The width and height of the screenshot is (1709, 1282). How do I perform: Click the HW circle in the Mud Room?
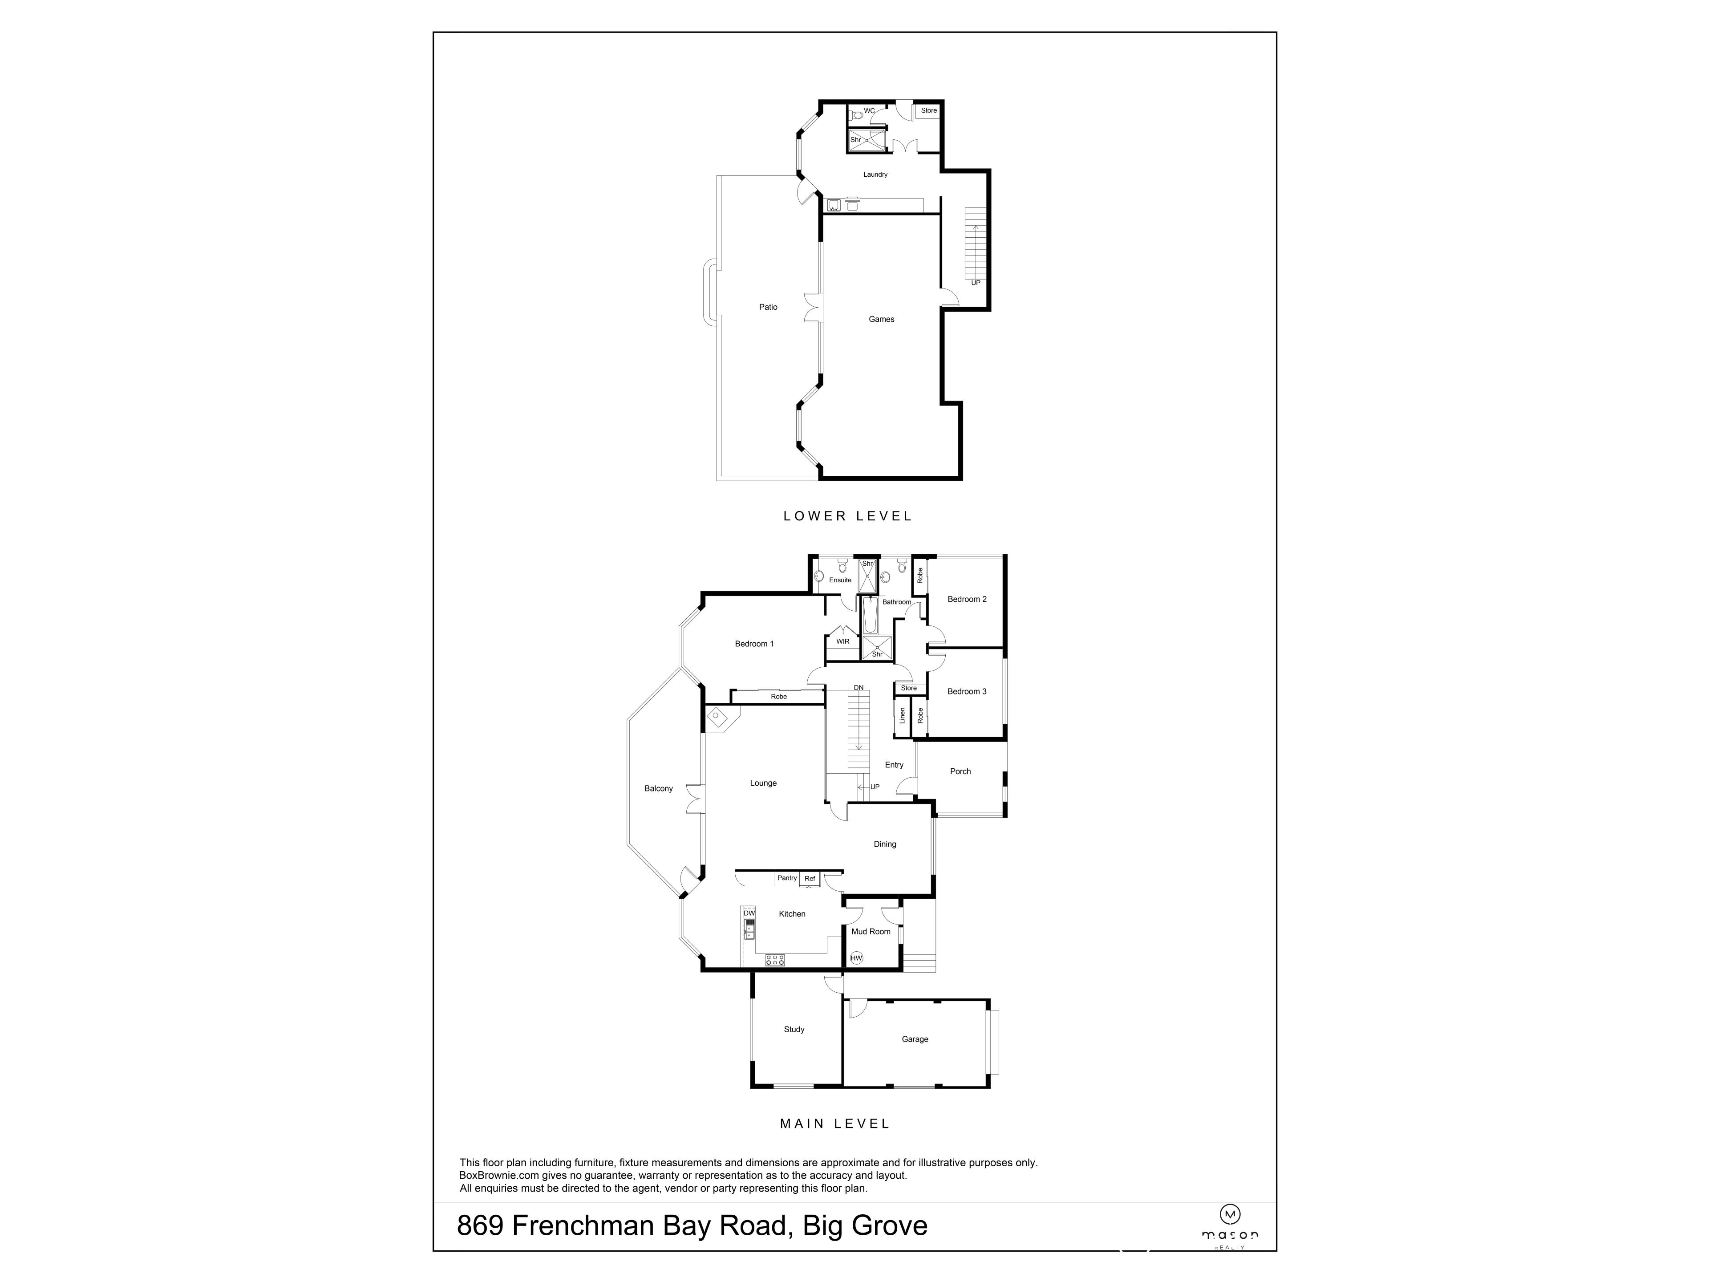[855, 958]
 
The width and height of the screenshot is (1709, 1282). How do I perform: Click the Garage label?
[914, 1039]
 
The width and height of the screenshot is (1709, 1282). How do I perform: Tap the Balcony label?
[658, 788]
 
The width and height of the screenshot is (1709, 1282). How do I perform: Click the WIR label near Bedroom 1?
[842, 641]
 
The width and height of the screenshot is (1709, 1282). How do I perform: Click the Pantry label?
[786, 878]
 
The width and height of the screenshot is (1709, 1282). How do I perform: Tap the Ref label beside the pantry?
[810, 879]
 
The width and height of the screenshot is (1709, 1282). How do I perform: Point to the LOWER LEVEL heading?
[847, 516]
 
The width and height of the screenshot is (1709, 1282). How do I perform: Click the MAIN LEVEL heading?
[834, 1124]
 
